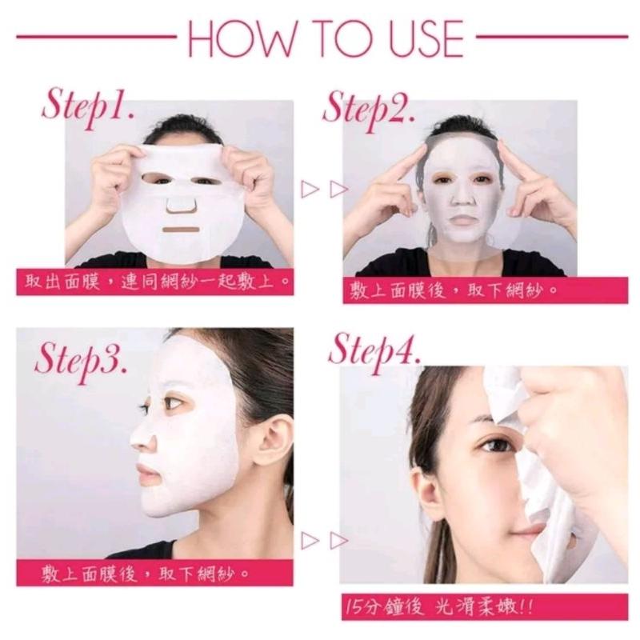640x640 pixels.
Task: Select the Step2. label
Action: coord(369,107)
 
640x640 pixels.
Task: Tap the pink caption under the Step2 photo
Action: coord(454,290)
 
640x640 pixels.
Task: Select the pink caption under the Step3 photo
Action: coord(147,573)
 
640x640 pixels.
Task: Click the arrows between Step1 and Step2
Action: coord(323,190)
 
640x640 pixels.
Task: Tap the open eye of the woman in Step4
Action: coord(486,444)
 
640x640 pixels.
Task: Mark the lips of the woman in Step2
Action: coord(458,217)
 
